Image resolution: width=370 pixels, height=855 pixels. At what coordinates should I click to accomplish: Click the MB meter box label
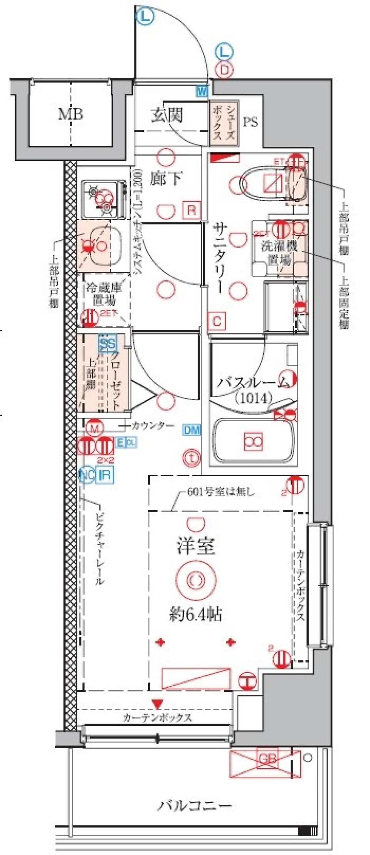pyautogui.click(x=70, y=114)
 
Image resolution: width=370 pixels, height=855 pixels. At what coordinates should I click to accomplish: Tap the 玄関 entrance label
pyautogui.click(x=166, y=115)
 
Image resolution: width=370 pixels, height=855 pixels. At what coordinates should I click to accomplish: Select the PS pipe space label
pyautogui.click(x=250, y=122)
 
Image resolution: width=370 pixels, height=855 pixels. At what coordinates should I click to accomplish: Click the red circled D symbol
pyautogui.click(x=224, y=70)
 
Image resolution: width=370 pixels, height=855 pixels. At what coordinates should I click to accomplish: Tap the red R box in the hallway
pyautogui.click(x=192, y=210)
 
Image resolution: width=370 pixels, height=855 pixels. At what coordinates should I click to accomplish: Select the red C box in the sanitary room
pyautogui.click(x=217, y=321)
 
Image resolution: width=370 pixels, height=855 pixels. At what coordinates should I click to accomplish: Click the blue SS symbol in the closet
pyautogui.click(x=108, y=344)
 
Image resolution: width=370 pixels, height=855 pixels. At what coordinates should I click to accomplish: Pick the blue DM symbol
pyautogui.click(x=192, y=430)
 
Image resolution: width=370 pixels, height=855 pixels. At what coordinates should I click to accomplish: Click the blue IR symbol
pyautogui.click(x=105, y=475)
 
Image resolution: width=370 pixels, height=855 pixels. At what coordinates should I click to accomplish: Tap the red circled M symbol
pyautogui.click(x=95, y=428)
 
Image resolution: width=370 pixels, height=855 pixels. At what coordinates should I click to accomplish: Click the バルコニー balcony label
pyautogui.click(x=195, y=805)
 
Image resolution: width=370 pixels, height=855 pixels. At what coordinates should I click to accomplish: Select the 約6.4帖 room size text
pyautogui.click(x=196, y=614)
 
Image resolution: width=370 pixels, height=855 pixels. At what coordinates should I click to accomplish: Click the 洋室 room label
pyautogui.click(x=196, y=546)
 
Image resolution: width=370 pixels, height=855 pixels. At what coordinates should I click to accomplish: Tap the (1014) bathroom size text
pyautogui.click(x=253, y=398)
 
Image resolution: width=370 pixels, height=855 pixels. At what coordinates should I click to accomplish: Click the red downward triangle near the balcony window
pyautogui.click(x=157, y=704)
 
